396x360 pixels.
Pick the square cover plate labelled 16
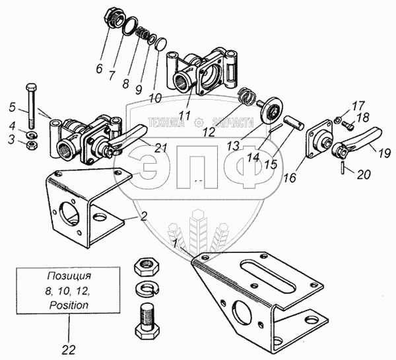click(318, 139)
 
